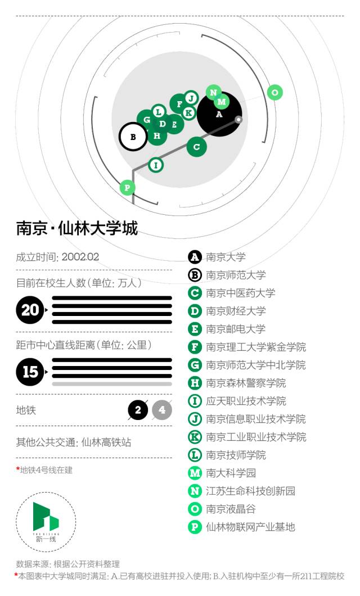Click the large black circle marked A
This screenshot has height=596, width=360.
(219, 114)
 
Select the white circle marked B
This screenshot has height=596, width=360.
(133, 137)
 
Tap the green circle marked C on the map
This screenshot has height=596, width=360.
(196, 147)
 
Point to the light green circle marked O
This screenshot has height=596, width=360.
(274, 92)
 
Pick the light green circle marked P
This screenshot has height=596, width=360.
(127, 187)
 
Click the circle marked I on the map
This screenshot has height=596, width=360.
(155, 165)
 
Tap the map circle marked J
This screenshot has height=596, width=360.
(191, 98)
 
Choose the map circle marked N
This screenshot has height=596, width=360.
(213, 92)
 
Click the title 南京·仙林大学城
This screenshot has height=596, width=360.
(77, 228)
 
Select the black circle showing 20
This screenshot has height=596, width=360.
(30, 310)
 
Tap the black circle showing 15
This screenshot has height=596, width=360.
(30, 372)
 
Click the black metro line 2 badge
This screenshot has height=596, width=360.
(138, 410)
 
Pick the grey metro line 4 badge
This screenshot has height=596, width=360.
(162, 410)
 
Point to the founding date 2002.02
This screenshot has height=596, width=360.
(80, 257)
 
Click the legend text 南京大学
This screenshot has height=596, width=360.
(226, 257)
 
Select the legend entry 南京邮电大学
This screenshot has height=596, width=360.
(236, 329)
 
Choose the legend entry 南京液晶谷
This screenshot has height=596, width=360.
(231, 509)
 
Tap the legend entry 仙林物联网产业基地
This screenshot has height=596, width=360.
(250, 527)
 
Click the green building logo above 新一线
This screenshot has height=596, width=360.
(46, 517)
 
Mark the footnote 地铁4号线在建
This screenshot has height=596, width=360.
(46, 470)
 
